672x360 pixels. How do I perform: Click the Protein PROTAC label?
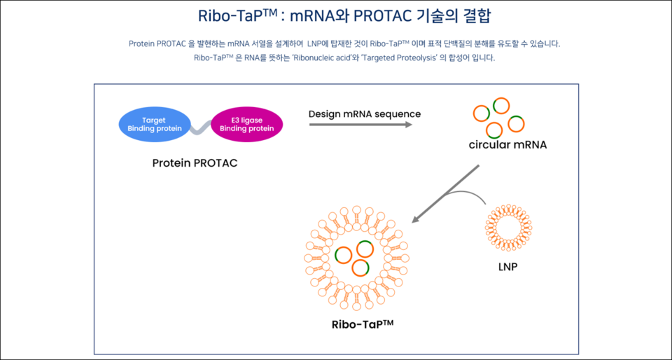195,164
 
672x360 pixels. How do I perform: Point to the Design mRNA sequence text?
365,114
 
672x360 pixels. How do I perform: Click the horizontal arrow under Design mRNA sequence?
361,125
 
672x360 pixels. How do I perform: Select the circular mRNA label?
508,145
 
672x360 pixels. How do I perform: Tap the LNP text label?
508,268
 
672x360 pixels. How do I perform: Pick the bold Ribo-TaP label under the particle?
363,324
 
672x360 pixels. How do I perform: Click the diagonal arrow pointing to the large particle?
445,194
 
